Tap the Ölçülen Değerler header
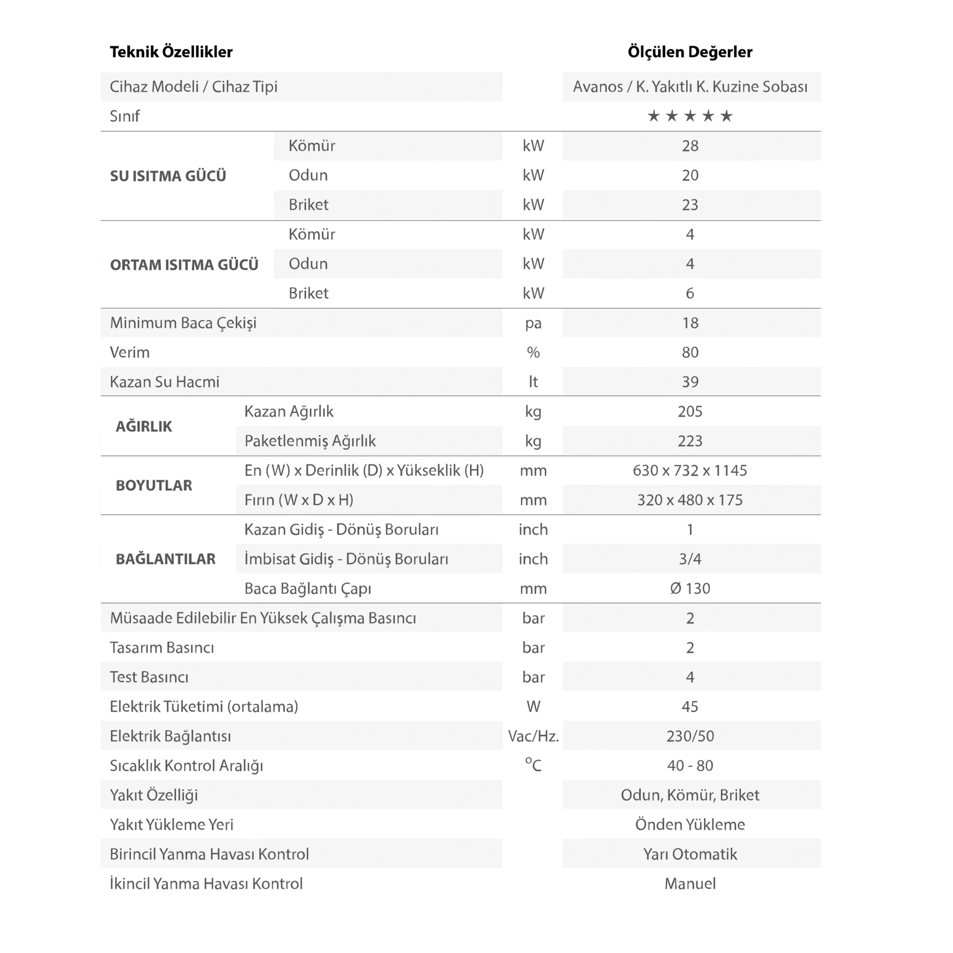(x=689, y=52)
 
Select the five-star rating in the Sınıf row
(x=689, y=116)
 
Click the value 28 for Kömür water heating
(x=689, y=146)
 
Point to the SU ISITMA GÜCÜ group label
(x=168, y=176)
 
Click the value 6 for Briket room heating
(x=689, y=293)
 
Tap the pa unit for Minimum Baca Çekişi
(x=533, y=323)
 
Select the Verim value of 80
(x=689, y=353)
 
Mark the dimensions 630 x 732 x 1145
(x=689, y=471)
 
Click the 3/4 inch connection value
(x=689, y=559)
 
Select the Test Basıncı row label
(x=149, y=677)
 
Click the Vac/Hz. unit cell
(x=533, y=736)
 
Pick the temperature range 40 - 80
(x=689, y=765)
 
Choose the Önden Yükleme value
(x=689, y=825)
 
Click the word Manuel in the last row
(x=689, y=883)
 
